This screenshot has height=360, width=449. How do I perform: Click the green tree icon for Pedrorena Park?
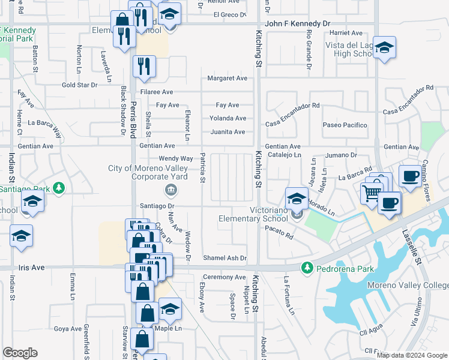coord(307,266)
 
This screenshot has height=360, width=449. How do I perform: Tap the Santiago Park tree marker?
coord(59,188)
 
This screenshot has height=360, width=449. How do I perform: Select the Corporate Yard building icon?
coord(170,191)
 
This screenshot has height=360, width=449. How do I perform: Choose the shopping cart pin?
coord(372,193)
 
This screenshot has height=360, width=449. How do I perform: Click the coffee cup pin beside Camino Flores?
coord(410,176)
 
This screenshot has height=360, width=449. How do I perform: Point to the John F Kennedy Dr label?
coord(298,23)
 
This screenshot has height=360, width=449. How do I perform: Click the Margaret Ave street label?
coord(227,79)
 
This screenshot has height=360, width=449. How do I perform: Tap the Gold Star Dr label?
coord(79,85)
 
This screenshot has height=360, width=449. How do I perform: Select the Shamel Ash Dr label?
coord(224,258)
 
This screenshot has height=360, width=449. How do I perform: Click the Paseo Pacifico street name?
coord(345,125)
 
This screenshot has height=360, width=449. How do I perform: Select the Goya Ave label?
coord(68,329)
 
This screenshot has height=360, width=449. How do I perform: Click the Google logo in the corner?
coord(20,352)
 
